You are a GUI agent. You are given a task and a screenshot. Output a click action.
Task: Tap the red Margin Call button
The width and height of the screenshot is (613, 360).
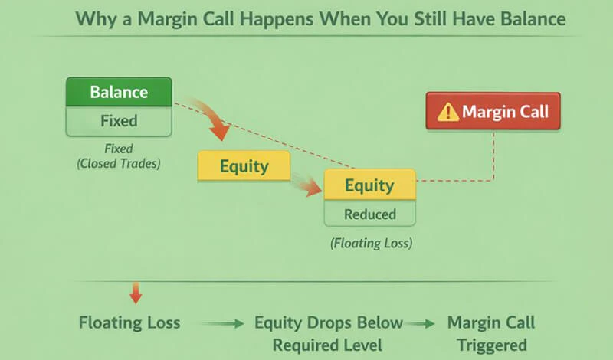pyautogui.click(x=493, y=112)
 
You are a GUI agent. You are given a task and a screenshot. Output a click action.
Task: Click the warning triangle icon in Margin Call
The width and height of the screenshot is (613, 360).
pyautogui.click(x=447, y=113)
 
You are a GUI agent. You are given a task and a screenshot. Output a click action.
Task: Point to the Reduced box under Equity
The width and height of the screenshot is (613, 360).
pyautogui.click(x=369, y=213)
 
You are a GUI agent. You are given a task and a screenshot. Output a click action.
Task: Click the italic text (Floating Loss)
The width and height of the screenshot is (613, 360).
pyautogui.click(x=369, y=244)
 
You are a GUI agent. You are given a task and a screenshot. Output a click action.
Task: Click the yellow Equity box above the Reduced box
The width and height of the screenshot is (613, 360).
pyautogui.click(x=369, y=185)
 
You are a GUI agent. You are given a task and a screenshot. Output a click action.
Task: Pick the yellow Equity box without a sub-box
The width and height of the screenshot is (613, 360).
pyautogui.click(x=244, y=165)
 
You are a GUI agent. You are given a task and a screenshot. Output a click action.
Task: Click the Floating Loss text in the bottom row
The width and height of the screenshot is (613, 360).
pyautogui.click(x=129, y=322)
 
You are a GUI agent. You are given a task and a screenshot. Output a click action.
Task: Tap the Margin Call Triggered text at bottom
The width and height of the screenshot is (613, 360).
pyautogui.click(x=491, y=332)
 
